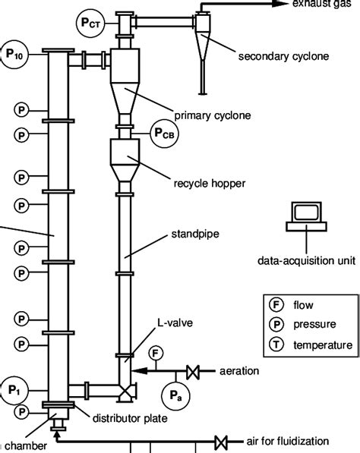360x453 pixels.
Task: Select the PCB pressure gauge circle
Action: [164, 134]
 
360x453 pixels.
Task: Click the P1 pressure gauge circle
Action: [14, 389]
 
